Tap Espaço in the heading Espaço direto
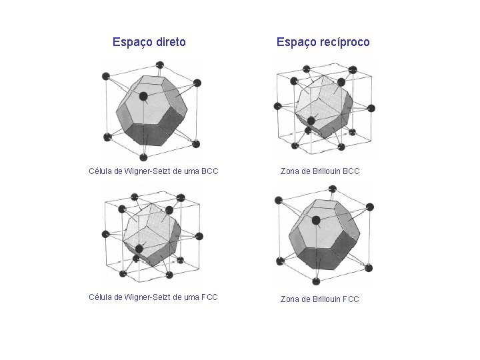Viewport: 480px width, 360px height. tap(133, 42)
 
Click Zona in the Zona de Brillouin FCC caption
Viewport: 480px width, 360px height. tap(289, 299)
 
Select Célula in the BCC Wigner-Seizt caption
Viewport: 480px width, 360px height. tap(100, 171)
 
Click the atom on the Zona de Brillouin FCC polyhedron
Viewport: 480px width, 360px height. tap(316, 220)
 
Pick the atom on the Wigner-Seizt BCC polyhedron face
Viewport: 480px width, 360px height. tap(143, 96)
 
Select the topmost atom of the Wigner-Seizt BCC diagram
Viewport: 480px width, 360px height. tap(159, 65)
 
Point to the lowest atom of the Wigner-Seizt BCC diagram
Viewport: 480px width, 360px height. tap(143, 157)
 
